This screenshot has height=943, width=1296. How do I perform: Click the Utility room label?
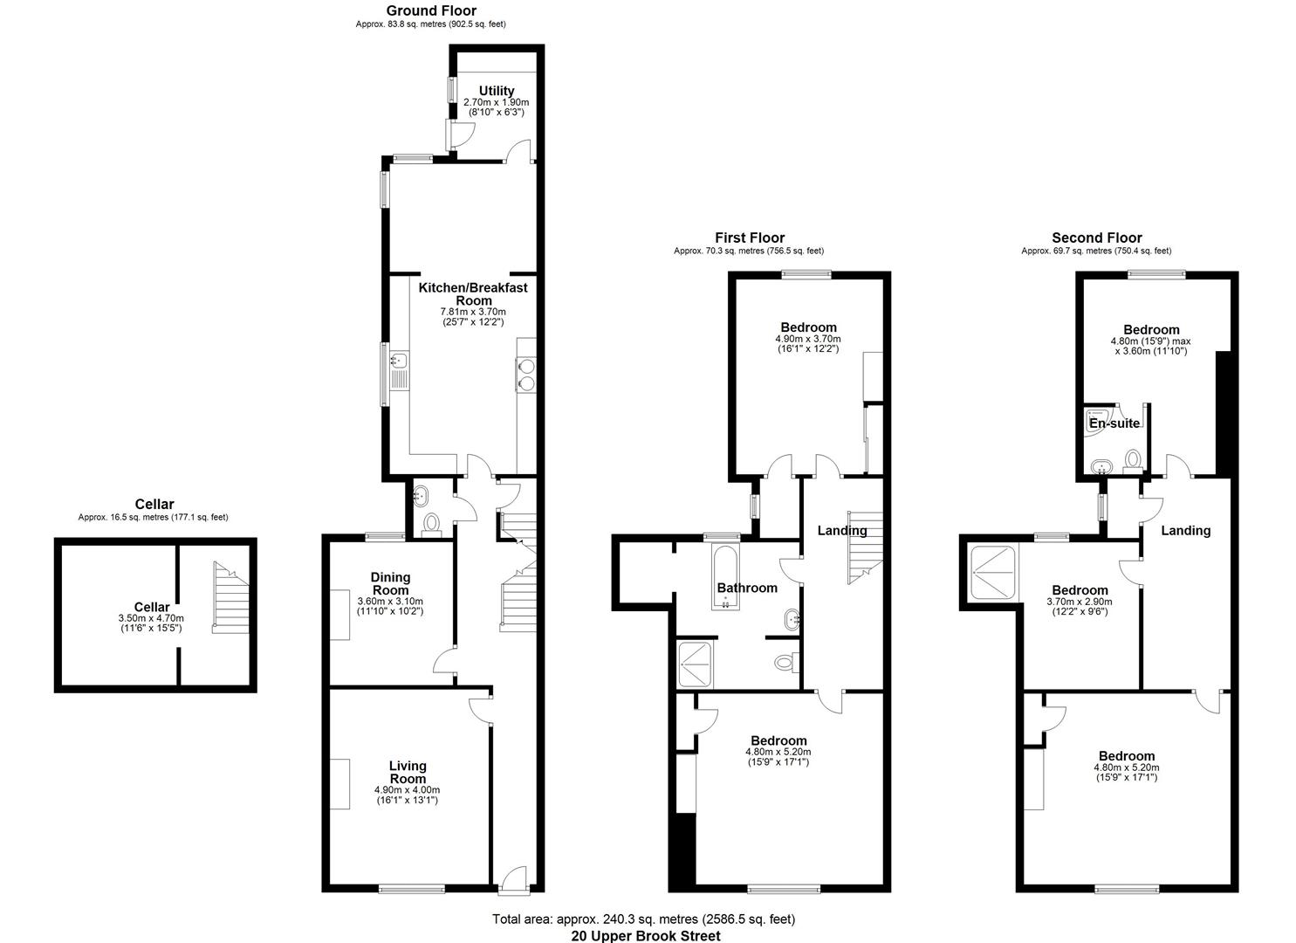[496, 91]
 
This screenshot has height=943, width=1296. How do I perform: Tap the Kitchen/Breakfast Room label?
[473, 293]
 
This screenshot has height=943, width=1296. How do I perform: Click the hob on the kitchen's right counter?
[526, 373]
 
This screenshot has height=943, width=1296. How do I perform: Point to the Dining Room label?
[390, 583]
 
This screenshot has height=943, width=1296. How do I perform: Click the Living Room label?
[408, 772]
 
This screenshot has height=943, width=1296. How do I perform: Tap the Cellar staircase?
[231, 602]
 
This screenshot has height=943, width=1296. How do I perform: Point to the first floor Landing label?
[841, 530]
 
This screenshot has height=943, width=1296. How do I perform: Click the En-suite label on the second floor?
[1114, 423]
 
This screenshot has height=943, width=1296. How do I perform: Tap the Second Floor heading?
[1096, 237]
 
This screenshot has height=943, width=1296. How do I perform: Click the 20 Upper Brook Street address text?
[646, 936]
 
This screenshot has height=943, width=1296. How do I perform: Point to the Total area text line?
[644, 919]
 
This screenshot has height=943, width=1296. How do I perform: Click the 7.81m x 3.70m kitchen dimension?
[473, 312]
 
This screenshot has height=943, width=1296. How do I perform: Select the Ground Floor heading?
[431, 10]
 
